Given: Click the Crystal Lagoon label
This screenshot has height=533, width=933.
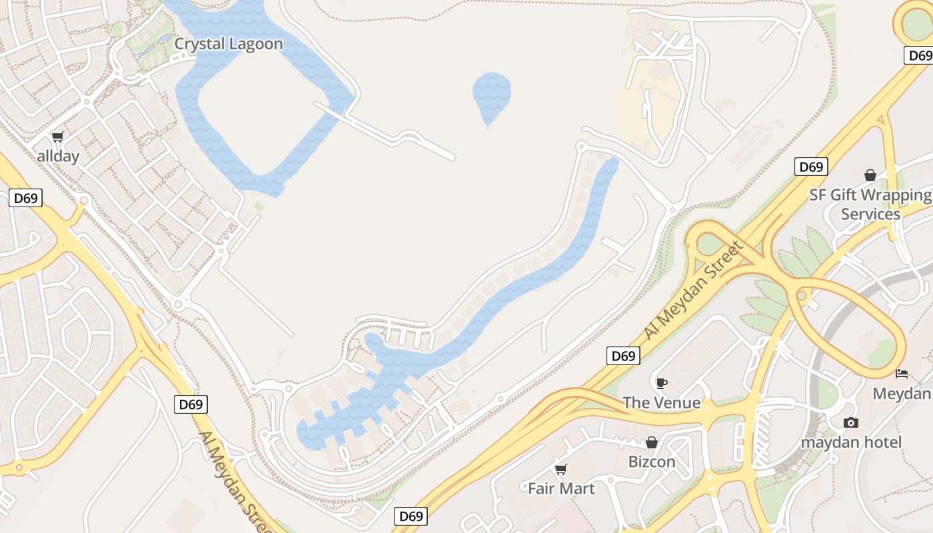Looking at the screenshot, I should [x=229, y=44].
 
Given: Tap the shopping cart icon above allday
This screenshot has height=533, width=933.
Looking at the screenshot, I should [x=58, y=137].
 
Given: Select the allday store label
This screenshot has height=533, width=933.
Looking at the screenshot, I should [x=58, y=157].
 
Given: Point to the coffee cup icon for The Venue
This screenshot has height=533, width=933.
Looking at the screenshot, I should [x=661, y=382].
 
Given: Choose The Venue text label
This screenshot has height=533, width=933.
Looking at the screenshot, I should [x=662, y=402].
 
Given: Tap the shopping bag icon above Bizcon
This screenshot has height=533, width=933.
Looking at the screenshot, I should [x=652, y=442].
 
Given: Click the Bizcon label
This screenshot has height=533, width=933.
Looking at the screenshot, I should [x=652, y=462].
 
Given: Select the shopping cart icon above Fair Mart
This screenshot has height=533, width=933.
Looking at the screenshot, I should [x=561, y=469].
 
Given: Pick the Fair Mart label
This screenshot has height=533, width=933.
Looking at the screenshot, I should [x=561, y=488].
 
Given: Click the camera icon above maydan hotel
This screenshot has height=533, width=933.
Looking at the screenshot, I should [x=850, y=422].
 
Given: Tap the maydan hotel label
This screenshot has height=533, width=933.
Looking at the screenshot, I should [x=851, y=442].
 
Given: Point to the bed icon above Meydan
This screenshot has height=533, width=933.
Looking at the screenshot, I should [x=902, y=373].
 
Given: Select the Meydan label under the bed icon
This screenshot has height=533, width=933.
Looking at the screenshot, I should [x=902, y=393].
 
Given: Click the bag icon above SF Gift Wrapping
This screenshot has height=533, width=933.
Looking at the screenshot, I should [x=870, y=175].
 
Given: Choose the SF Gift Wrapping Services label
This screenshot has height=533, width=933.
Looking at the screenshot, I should [x=870, y=205].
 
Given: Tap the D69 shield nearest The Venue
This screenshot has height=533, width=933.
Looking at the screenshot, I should [x=624, y=356].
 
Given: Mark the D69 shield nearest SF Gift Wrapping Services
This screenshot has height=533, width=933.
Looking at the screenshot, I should [x=811, y=167].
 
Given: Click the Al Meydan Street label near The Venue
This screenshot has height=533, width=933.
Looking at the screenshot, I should [x=694, y=292].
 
